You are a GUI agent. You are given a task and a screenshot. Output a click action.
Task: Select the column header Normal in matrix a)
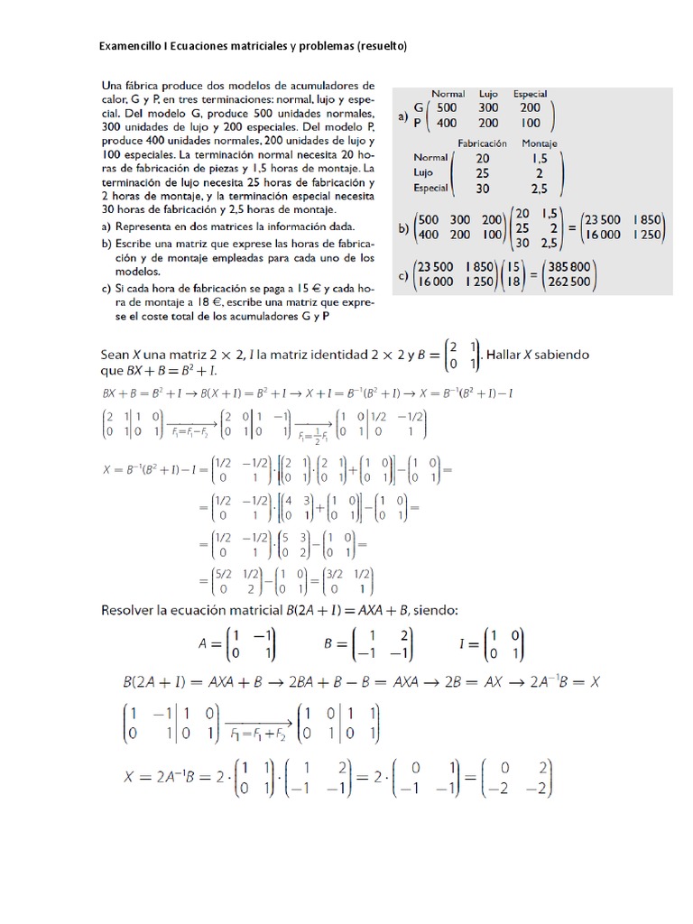pyautogui.click(x=448, y=94)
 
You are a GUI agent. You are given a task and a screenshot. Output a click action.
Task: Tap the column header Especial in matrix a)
pyautogui.click(x=530, y=94)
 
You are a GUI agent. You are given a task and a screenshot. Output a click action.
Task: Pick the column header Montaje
pyautogui.click(x=540, y=143)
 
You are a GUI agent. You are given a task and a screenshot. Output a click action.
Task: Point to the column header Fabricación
pyautogui.click(x=483, y=143)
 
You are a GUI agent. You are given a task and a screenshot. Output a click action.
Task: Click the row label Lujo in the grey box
pyautogui.click(x=423, y=171)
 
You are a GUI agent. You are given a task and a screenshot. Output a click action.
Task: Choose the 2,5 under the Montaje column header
pyautogui.click(x=540, y=188)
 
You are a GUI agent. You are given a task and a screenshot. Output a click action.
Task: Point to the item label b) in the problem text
pyautogui.click(x=106, y=243)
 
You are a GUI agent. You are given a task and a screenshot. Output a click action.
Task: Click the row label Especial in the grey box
pyautogui.click(x=430, y=188)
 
